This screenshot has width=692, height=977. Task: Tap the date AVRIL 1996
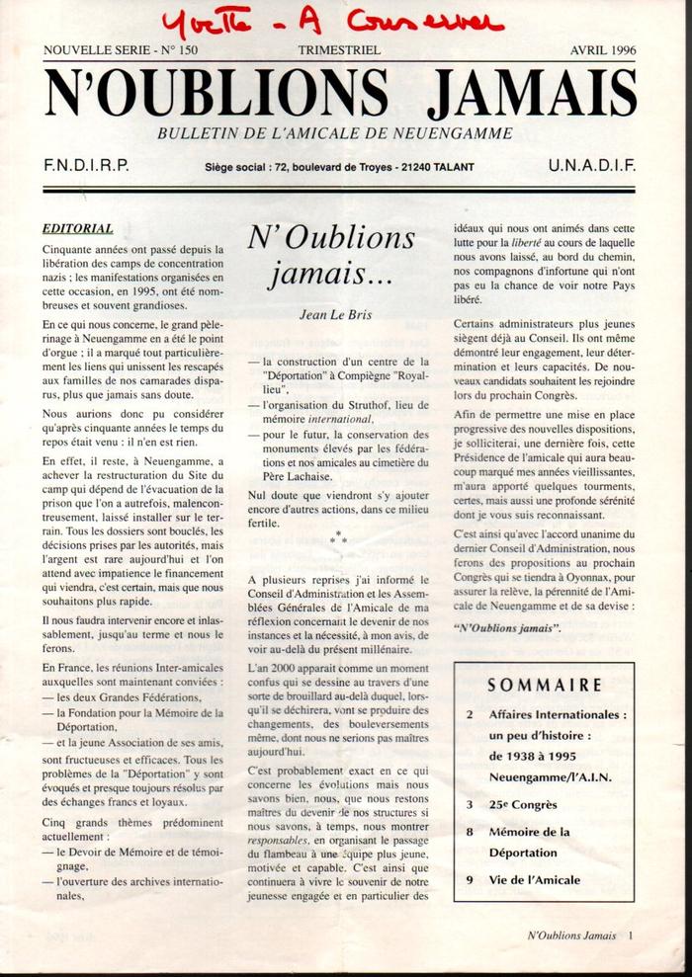pos(604,49)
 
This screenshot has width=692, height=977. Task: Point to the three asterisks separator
pos(339,537)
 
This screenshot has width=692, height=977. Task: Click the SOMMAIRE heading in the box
pos(545,685)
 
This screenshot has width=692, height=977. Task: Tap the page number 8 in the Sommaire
pos(470,833)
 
